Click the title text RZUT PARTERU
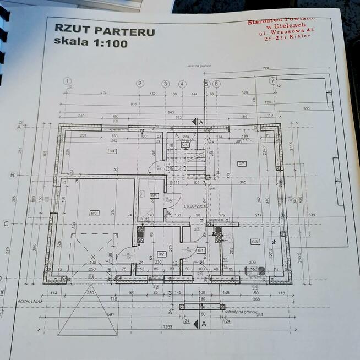pos(104,30)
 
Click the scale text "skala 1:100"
pos(91,42)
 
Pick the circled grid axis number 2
pos(140,83)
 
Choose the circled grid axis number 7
pos(272,81)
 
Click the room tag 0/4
pos(112,151)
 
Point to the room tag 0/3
pos(94,212)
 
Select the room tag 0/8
pos(255,242)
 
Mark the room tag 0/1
pos(201,250)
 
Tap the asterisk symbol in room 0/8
pos(274,242)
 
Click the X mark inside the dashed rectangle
pos(93,257)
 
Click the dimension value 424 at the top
pos(103,93)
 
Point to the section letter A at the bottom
pos(204,324)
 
